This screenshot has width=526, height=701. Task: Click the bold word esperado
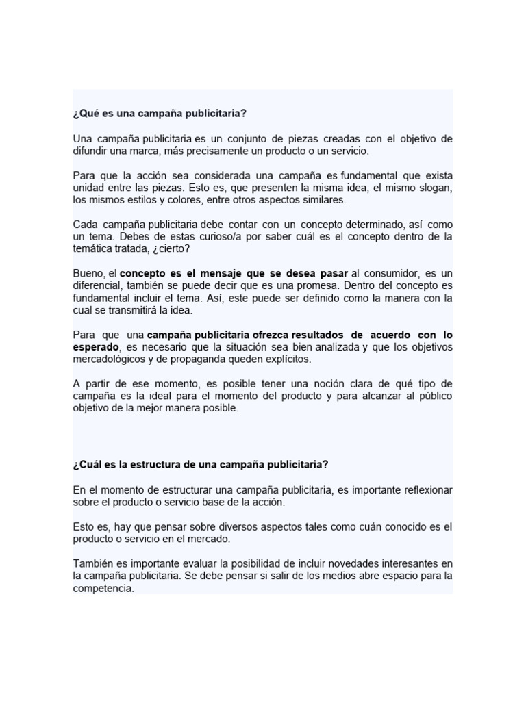click(x=96, y=347)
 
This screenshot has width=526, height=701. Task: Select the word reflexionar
click(x=420, y=490)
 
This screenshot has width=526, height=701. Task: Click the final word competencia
click(x=102, y=588)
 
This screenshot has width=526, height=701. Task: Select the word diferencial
click(x=97, y=285)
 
